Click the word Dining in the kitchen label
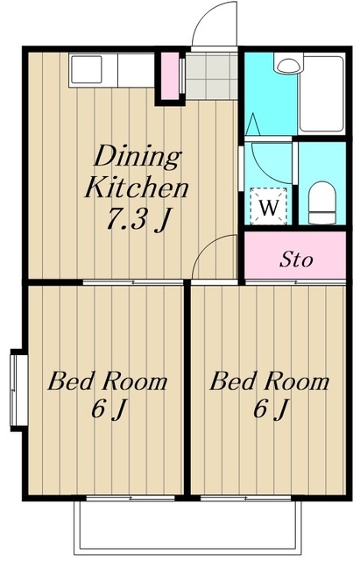pos(138,156)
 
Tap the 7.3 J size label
pos(138,219)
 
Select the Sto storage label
pos(296,259)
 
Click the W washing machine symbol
pos(269,207)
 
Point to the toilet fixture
pos(322,202)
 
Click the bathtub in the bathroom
pos(321,94)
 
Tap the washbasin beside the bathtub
pos(288,64)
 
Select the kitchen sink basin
pos(86,69)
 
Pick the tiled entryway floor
pos(212,76)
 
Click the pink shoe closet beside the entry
pos(170,76)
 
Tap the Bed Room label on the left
pos(108,381)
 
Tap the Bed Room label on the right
pos(269,381)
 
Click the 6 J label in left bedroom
pos(109,409)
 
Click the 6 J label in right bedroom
pos(271,409)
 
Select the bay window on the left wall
pos(18,390)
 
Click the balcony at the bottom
pos(187,527)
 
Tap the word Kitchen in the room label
pos(137,188)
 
